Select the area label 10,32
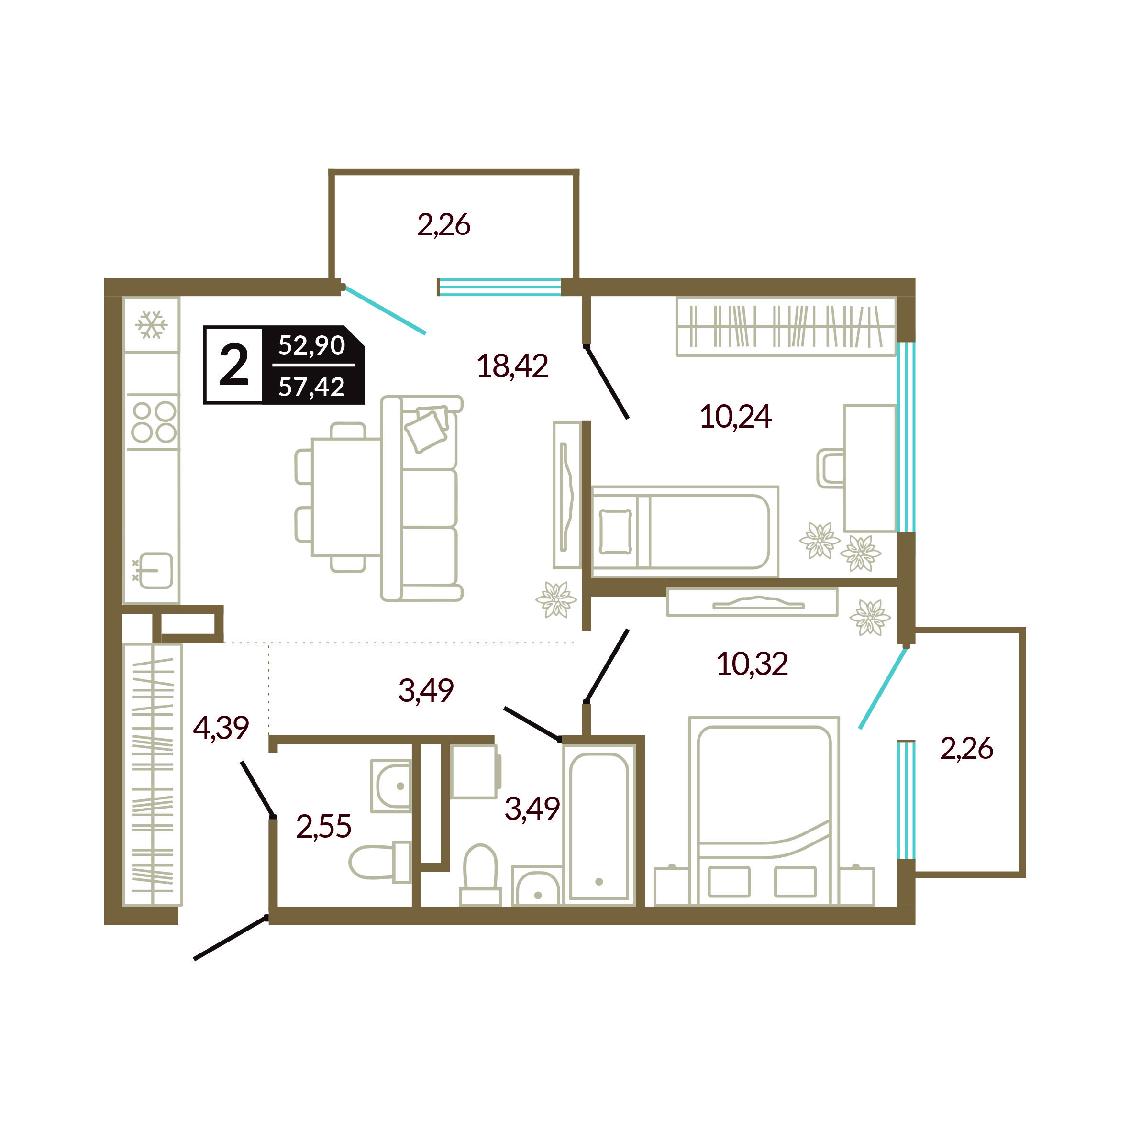(752, 664)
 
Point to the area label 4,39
(221, 728)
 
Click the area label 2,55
(323, 826)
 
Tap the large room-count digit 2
(234, 365)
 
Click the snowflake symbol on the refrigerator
(152, 325)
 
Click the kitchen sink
(153, 570)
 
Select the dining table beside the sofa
(346, 497)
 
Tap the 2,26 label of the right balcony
(966, 749)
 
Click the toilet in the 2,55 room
(380, 862)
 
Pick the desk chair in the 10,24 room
(831, 468)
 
